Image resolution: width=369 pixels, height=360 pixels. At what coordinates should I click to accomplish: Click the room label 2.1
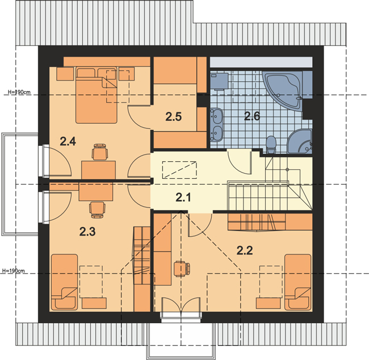pyautogui.click(x=183, y=197)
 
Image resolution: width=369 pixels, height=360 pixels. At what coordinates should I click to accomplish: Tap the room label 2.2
pyautogui.click(x=245, y=250)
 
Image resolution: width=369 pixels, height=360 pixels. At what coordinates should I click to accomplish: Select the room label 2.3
pyautogui.click(x=87, y=232)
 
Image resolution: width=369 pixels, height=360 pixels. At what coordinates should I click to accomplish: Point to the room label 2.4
pyautogui.click(x=68, y=142)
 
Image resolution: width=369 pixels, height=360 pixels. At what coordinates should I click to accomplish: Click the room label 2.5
pyautogui.click(x=174, y=117)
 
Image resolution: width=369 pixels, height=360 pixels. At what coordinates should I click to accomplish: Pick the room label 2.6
pyautogui.click(x=252, y=116)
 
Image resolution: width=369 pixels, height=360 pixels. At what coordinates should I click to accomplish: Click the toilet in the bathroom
pyautogui.click(x=271, y=145)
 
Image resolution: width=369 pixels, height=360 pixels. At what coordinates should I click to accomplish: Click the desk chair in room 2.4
pyautogui.click(x=100, y=152)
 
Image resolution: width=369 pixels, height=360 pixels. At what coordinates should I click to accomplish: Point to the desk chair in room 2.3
pyautogui.click(x=97, y=210)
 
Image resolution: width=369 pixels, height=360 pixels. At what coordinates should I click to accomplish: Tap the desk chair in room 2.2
pyautogui.click(x=182, y=269)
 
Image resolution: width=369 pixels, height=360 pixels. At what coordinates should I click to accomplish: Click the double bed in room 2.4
pyautogui.click(x=97, y=95)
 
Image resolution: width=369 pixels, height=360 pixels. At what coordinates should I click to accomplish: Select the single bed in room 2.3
pyautogui.click(x=65, y=282)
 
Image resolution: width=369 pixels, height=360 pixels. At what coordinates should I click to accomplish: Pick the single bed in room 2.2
pyautogui.click(x=298, y=282)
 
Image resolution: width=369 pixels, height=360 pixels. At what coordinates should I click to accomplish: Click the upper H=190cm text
pyautogui.click(x=19, y=92)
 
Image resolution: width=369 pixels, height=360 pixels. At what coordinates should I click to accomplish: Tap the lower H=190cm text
pyautogui.click(x=13, y=271)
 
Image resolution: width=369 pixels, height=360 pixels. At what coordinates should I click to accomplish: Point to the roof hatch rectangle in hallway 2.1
pyautogui.click(x=179, y=170)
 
